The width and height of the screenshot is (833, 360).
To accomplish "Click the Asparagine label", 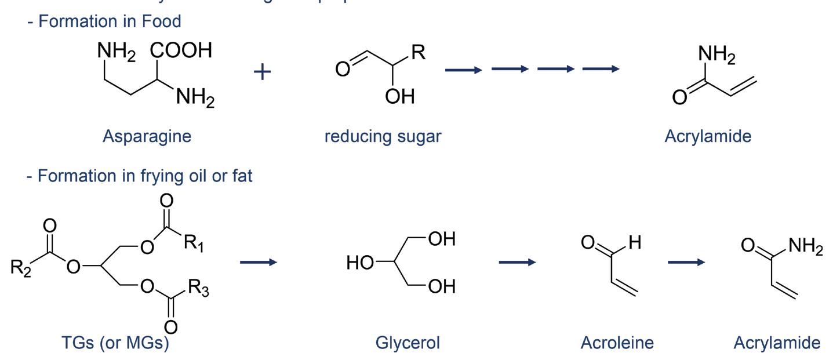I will [147, 136].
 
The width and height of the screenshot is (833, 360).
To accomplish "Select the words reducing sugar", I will [383, 136].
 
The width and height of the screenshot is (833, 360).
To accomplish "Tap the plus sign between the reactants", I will [263, 72].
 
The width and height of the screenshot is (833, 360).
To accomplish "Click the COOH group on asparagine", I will [181, 51].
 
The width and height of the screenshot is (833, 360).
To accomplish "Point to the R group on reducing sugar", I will [418, 53].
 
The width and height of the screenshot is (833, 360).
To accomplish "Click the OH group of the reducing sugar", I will [399, 96].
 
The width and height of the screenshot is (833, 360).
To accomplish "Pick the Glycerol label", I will [408, 343].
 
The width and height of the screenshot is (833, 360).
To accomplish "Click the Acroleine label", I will [617, 343].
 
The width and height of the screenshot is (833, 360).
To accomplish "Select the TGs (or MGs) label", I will [115, 343].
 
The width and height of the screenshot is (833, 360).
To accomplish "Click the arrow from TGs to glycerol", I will [259, 262].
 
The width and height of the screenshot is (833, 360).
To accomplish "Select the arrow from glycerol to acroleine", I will [517, 262].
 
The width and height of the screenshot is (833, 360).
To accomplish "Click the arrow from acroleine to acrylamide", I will [686, 262].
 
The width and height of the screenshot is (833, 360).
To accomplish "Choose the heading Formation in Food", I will [104, 21].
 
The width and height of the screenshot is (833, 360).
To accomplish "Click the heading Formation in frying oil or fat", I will [139, 176].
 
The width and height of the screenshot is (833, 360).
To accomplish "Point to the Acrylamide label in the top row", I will [708, 136].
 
